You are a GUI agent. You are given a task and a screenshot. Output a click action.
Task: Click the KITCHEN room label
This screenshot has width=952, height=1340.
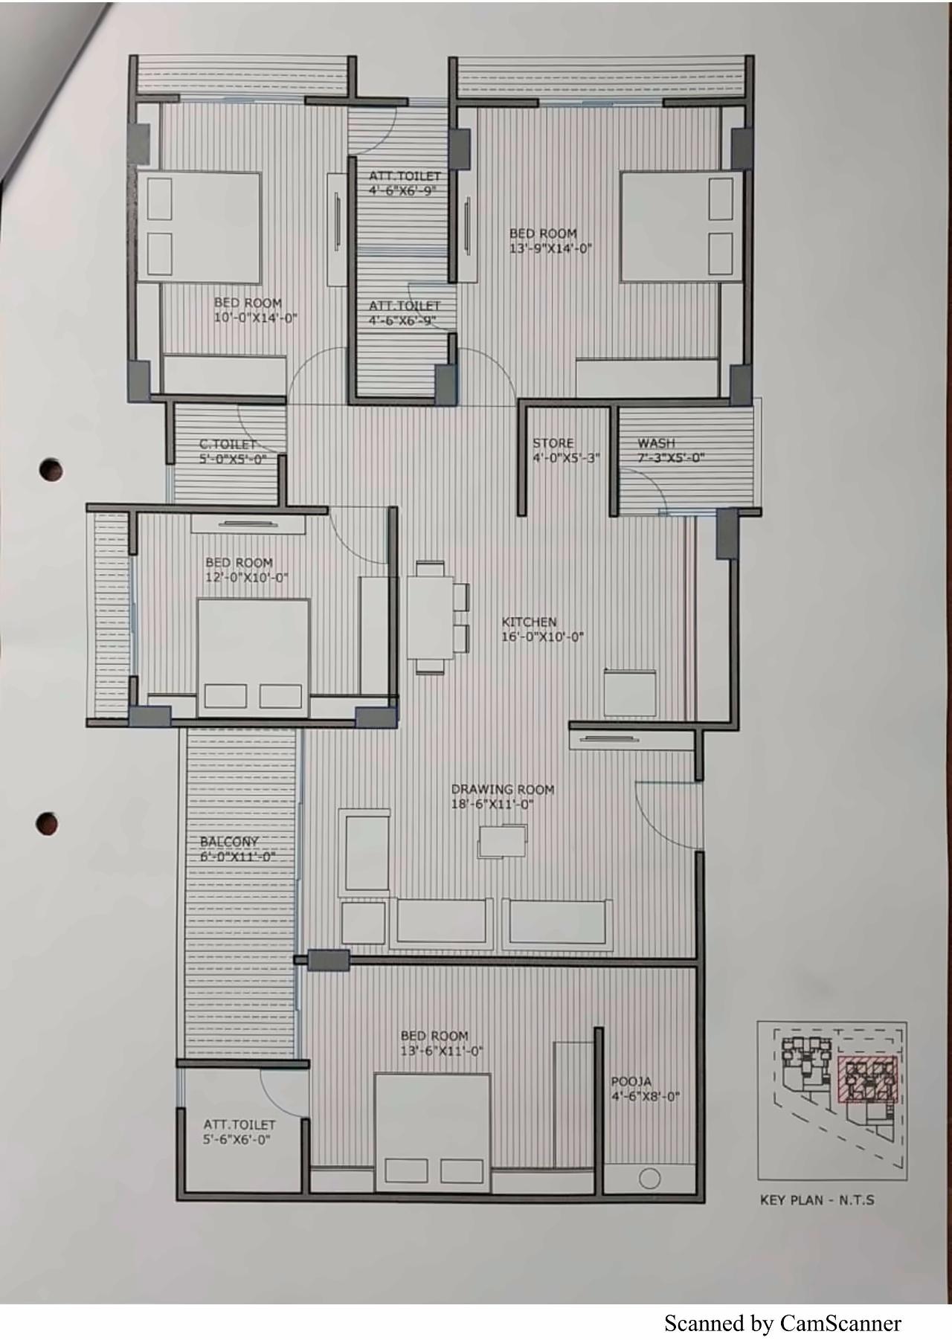[529, 622]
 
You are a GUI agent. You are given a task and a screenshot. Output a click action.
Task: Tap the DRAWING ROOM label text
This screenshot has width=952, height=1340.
[503, 789]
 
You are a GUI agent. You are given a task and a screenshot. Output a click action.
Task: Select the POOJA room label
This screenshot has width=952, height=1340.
[631, 1081]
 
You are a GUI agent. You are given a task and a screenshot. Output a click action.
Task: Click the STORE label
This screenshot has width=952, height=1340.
[553, 443]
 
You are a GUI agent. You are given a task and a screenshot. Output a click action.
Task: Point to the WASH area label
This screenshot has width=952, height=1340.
[656, 443]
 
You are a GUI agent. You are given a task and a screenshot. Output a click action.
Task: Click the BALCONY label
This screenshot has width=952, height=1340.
[229, 842]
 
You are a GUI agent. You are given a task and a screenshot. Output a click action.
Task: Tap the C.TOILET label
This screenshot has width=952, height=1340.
[227, 445]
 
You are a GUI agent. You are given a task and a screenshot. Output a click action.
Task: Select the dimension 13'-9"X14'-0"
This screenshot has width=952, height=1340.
[550, 248]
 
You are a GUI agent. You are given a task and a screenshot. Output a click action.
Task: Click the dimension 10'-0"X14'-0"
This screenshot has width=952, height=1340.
[255, 318]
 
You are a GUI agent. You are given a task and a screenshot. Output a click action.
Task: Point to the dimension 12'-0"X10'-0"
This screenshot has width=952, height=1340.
[246, 578]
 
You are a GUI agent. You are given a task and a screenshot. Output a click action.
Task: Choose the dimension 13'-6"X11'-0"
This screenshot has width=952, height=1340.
[442, 1051]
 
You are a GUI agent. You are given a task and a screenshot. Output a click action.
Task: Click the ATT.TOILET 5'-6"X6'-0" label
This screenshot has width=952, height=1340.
[239, 1132]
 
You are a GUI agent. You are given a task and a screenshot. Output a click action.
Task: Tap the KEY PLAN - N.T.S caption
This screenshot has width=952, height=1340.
[817, 1200]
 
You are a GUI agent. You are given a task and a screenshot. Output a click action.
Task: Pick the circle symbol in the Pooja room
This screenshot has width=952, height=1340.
[649, 1179]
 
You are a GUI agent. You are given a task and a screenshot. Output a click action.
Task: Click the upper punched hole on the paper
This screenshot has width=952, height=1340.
[51, 469]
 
